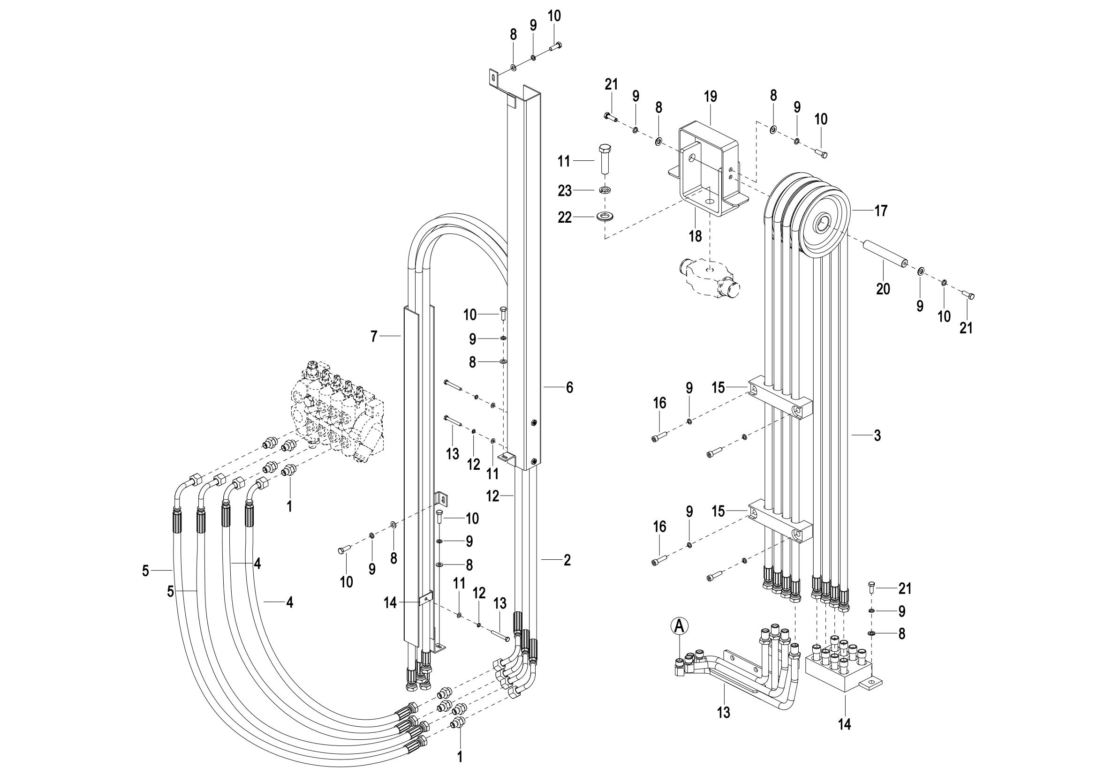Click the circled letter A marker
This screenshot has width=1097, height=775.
pyautogui.click(x=680, y=625)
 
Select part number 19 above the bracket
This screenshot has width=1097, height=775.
pyautogui.click(x=711, y=97)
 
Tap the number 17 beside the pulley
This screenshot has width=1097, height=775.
pyautogui.click(x=881, y=210)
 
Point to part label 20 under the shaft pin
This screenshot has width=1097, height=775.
pyautogui.click(x=883, y=289)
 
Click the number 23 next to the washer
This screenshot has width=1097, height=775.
pyautogui.click(x=565, y=191)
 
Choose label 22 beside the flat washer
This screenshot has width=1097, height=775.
pyautogui.click(x=565, y=218)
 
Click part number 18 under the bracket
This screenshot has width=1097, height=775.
pyautogui.click(x=695, y=235)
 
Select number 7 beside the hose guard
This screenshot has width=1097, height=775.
pyautogui.click(x=374, y=337)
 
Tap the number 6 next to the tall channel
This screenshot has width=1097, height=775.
pyautogui.click(x=569, y=387)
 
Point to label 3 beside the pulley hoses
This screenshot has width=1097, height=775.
pyautogui.click(x=877, y=436)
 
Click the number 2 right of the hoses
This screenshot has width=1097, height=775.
pyautogui.click(x=567, y=560)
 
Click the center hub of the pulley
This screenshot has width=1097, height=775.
pyautogui.click(x=825, y=223)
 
